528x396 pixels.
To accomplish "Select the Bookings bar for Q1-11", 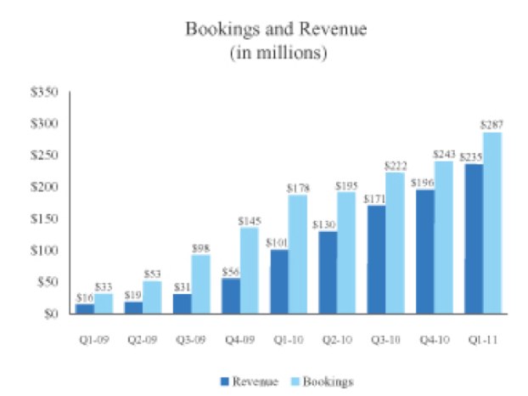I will (x=490, y=223).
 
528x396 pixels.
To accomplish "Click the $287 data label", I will (x=491, y=125).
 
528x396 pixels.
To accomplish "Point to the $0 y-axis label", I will (x=50, y=314).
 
